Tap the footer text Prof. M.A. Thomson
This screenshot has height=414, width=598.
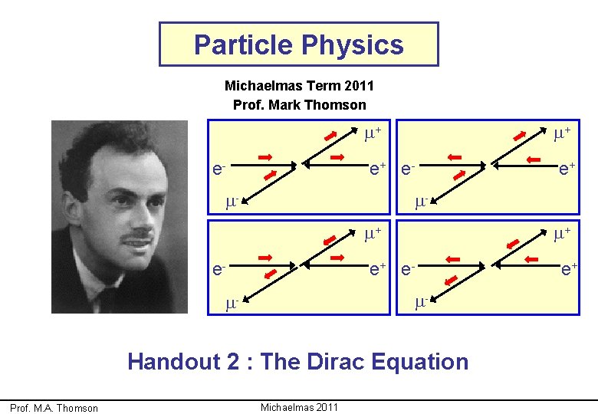pos(54,408)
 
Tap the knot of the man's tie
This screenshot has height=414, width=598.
pos(108,295)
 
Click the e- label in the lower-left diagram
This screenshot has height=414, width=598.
pos(219,268)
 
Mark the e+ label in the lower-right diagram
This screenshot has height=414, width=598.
pos(568,268)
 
